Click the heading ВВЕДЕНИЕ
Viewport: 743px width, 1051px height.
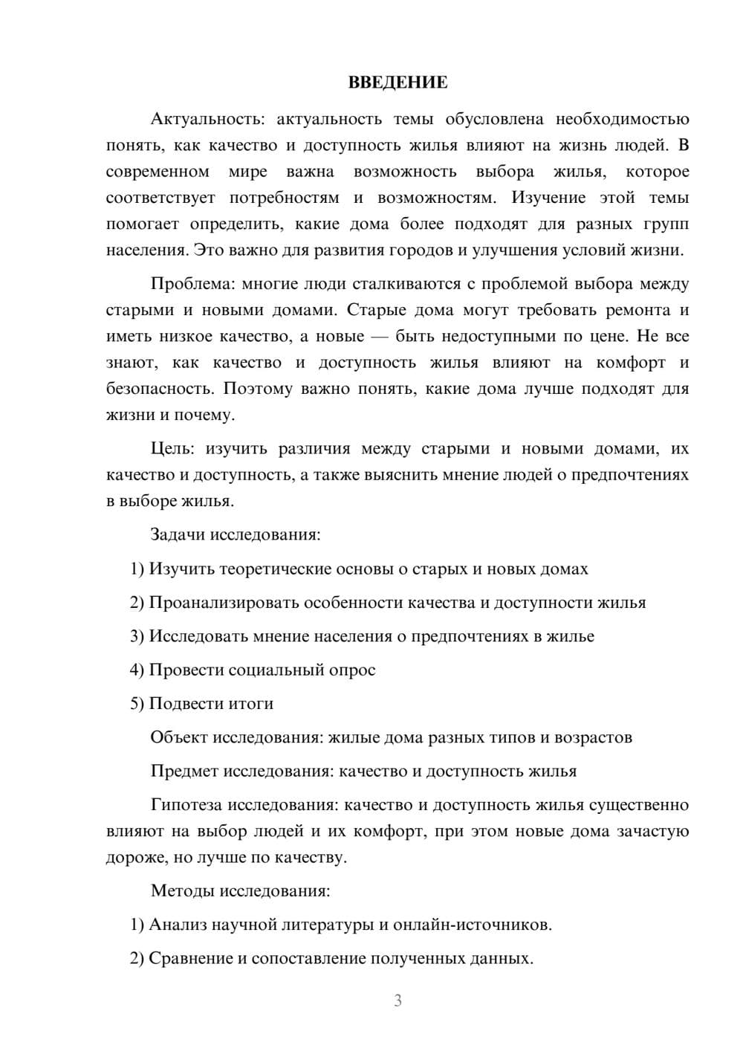pos(398,83)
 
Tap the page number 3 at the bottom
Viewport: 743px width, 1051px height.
pos(398,1000)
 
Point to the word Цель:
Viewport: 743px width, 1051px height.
pos(172,448)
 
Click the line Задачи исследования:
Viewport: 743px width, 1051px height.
pos(235,534)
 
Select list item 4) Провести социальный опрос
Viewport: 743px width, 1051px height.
pos(253,670)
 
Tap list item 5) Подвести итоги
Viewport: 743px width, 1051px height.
pos(202,703)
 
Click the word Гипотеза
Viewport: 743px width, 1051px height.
pos(185,805)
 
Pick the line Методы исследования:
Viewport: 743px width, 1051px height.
pos(240,890)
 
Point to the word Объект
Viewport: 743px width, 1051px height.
pos(178,737)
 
